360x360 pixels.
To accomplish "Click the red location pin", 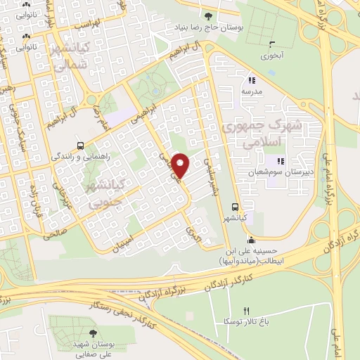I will coord(181,165).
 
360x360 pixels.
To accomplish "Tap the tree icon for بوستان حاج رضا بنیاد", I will coord(207,15).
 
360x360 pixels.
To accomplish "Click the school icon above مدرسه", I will coord(252,80).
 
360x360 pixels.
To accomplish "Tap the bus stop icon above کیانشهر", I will coord(236,207).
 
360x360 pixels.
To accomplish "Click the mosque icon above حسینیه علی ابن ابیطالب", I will coord(252,241).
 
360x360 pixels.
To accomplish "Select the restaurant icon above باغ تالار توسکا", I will coord(245,311).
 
